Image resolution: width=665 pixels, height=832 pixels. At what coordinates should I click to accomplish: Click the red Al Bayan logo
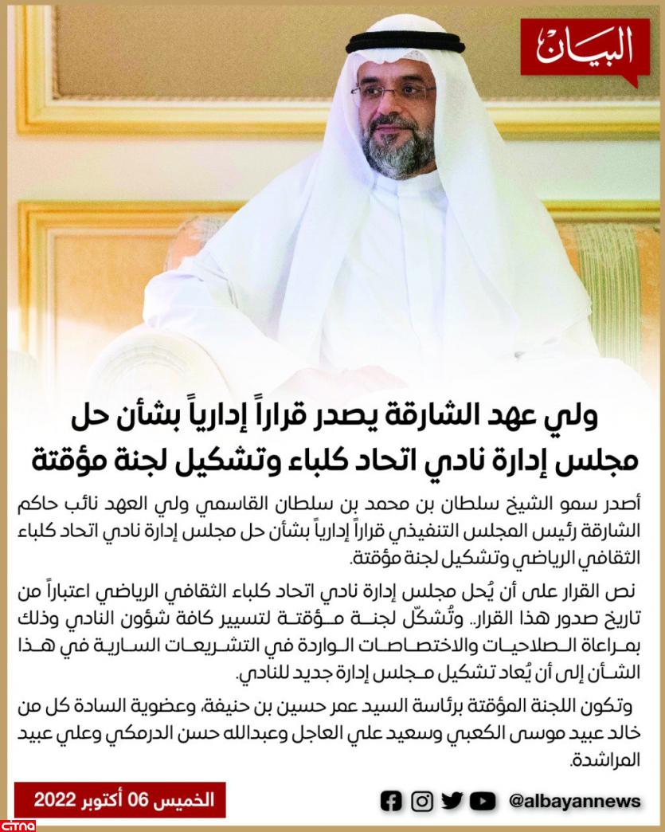tap(585, 49)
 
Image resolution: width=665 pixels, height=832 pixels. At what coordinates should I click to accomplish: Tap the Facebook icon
tap(391, 801)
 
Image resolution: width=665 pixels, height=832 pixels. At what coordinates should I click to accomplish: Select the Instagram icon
tap(422, 801)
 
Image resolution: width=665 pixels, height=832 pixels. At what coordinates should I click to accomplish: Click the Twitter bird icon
tap(452, 801)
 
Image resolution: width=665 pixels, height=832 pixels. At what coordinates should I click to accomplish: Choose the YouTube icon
tap(483, 801)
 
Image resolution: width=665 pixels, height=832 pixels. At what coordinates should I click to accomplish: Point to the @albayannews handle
tap(574, 801)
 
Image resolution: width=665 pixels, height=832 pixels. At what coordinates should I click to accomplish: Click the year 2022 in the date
tap(55, 800)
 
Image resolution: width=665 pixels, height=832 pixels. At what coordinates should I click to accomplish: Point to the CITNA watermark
tap(16, 822)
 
